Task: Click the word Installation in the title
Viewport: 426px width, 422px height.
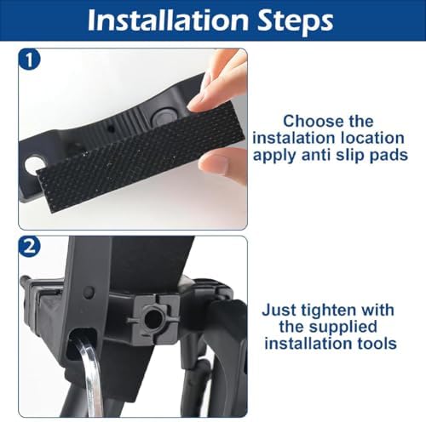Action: click(168, 20)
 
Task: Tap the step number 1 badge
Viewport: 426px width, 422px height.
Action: click(30, 60)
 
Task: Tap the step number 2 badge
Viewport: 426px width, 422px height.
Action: click(30, 247)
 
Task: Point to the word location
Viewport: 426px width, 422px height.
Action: click(372, 138)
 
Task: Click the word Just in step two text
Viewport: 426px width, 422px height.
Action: click(279, 310)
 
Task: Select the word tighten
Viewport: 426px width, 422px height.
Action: click(329, 311)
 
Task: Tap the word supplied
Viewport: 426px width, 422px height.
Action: click(343, 328)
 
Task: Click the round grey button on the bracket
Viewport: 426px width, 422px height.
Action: click(164, 116)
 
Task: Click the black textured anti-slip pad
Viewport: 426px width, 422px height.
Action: click(140, 158)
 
